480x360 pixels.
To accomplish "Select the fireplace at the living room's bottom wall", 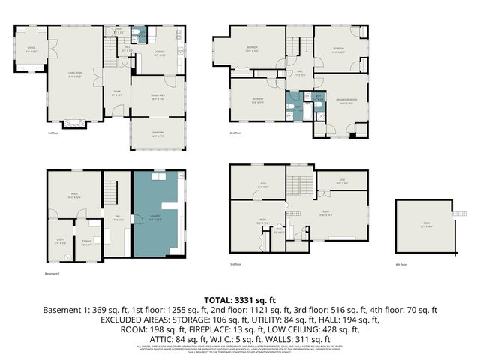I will point(73,124).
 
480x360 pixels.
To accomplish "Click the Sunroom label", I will point(157,135).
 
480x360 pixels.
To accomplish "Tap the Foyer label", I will point(116,94).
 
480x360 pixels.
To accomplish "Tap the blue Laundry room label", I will point(156,218).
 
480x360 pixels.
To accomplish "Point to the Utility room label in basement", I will point(61,242).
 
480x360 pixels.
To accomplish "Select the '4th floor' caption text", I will point(402,264).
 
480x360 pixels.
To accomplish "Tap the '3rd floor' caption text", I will point(236,264).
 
